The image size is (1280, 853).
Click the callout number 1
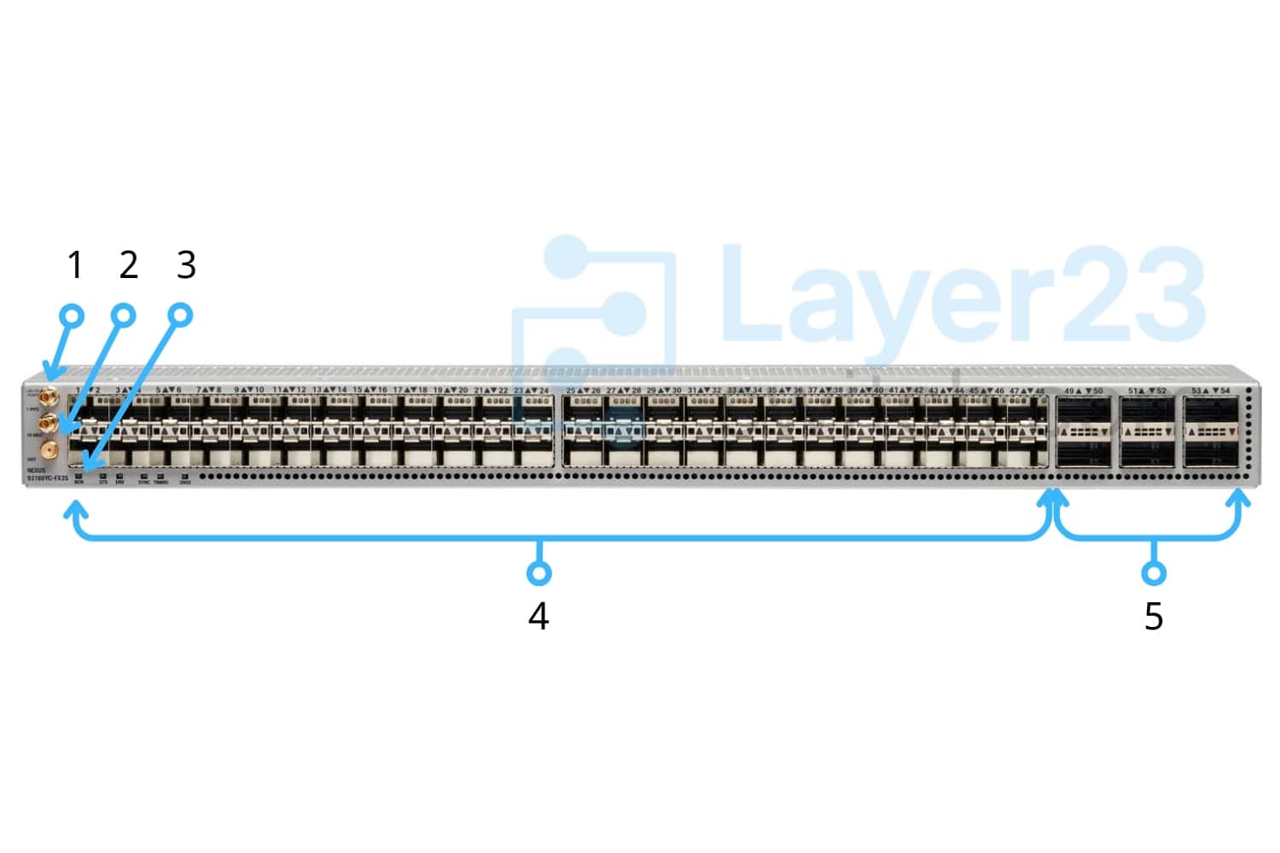coord(75,265)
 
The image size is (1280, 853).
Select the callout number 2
coord(129,265)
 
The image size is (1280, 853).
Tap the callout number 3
coord(186,265)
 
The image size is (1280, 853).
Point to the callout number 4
coord(538,616)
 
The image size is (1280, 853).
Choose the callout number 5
coord(1154,616)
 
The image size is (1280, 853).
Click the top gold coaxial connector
coord(48,397)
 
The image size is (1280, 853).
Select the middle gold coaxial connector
coord(48,422)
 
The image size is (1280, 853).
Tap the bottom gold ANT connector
coord(49,449)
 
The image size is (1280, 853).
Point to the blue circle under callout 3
coord(181,316)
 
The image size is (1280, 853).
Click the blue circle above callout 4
coord(538,572)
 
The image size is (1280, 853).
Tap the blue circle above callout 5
coord(1154,572)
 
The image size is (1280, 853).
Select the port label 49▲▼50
coord(1084,391)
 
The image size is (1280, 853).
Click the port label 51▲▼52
coord(1147,391)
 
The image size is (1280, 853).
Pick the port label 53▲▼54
coord(1211,391)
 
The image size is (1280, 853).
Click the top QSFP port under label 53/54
coord(1211,411)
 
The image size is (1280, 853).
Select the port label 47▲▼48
coord(1027,391)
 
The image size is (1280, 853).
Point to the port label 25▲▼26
coord(584,391)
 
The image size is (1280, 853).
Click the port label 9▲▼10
coord(249,390)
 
